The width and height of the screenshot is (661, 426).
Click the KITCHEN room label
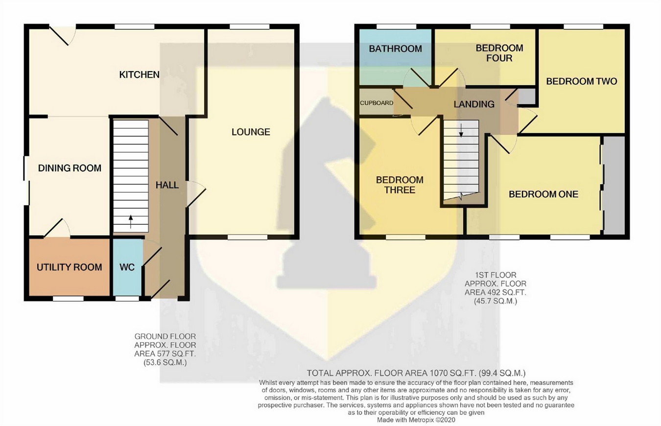coord(140,75)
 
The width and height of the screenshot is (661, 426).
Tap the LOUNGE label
coord(251,132)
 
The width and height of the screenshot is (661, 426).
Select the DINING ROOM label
coord(70,168)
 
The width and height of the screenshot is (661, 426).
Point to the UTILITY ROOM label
coord(70,267)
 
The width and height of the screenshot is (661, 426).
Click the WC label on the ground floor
coord(127,268)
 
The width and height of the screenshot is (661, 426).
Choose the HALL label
coord(167,185)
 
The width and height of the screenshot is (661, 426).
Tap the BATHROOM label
coord(395,49)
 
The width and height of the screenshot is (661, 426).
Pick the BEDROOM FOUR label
coord(499,53)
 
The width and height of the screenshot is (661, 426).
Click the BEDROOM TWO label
coord(581,81)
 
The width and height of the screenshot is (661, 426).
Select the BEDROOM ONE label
coord(543,194)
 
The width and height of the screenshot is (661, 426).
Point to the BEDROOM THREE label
coord(400,185)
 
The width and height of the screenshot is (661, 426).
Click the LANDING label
coord(473,104)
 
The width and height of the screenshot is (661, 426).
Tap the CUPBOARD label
coord(377,103)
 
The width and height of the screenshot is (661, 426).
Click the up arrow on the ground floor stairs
coord(131,221)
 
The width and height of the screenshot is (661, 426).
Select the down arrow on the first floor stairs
coord(461,130)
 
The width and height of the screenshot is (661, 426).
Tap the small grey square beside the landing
coord(527,96)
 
